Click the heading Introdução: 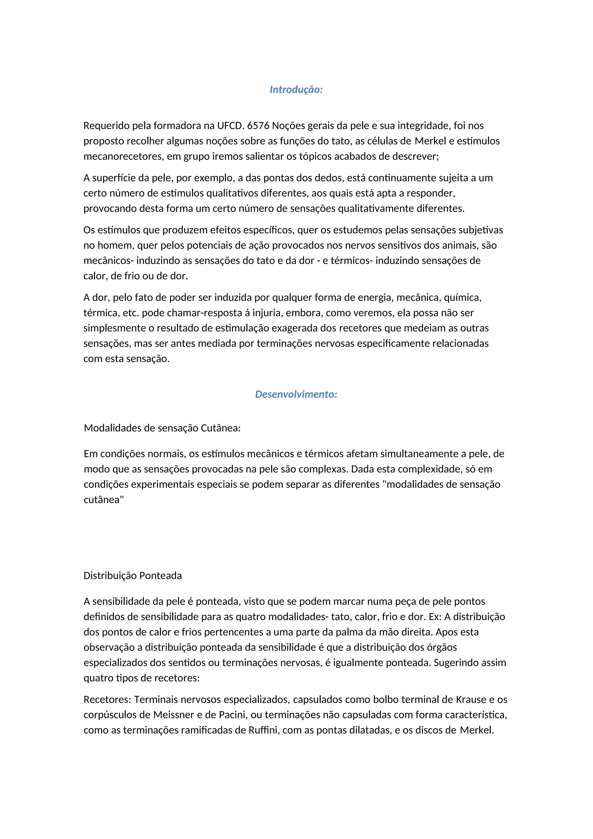pyautogui.click(x=296, y=90)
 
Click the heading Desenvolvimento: pyautogui.click(x=296, y=394)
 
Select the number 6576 pyautogui.click(x=258, y=126)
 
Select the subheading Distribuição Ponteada pyautogui.click(x=133, y=576)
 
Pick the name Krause pyautogui.click(x=471, y=699)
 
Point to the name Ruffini pyautogui.click(x=263, y=730)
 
